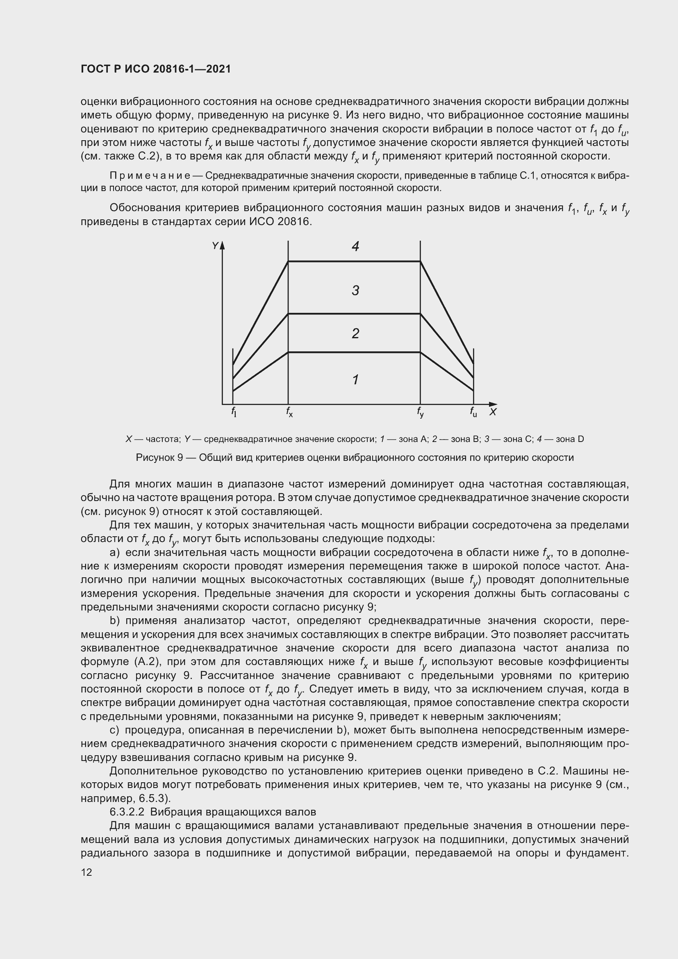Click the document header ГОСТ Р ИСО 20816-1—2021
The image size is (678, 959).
155,69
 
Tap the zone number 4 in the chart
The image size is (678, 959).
355,246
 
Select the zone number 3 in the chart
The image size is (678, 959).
355,290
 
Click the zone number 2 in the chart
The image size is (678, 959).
355,333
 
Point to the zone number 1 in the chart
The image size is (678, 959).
355,380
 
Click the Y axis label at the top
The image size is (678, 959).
215,246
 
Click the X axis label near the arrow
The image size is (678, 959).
493,412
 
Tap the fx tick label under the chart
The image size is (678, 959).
289,412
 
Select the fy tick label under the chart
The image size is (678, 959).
421,412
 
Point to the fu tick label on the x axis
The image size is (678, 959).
473,412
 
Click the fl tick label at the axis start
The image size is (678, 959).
234,412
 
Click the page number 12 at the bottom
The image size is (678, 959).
86,872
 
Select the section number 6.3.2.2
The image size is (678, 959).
127,812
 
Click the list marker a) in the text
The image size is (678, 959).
115,553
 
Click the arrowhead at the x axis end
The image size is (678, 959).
494,404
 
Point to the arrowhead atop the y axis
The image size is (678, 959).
223,245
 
